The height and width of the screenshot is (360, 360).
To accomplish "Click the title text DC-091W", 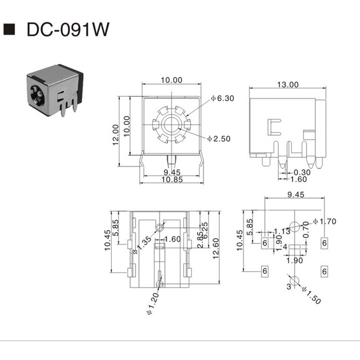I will coord(68,30).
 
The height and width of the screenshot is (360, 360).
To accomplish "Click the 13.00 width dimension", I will coord(287,84).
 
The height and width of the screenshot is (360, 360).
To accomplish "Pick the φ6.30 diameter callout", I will coord(222,98).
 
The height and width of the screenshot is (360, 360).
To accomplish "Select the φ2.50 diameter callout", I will coord(219,138).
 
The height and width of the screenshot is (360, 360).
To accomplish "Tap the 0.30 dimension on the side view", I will coord(302,172).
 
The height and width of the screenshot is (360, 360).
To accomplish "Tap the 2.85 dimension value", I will coord(199,239).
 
